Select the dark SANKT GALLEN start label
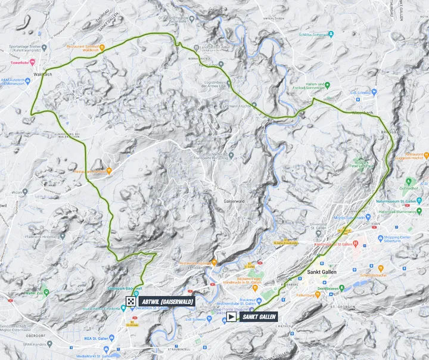(x=259, y=317)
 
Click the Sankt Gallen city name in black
(x=322, y=272)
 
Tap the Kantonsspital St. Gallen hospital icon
(x=356, y=244)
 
